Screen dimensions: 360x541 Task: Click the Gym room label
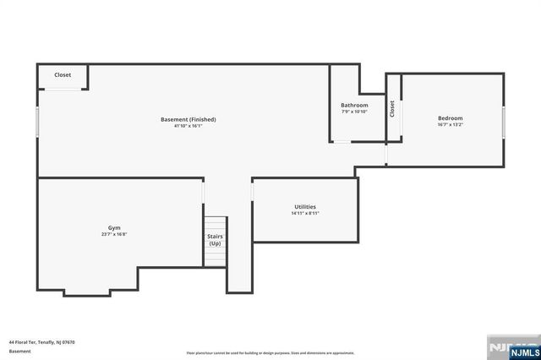(113, 229)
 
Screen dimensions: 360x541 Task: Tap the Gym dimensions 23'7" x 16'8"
(113, 236)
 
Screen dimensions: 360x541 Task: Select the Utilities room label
(305, 207)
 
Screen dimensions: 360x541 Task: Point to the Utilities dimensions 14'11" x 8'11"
(305, 214)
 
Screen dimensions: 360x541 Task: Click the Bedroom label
(450, 117)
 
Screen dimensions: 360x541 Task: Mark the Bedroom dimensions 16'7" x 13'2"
(450, 125)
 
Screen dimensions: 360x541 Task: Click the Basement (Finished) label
(189, 119)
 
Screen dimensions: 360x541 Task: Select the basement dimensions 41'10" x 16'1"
(189, 127)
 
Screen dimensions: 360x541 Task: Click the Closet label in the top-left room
(63, 75)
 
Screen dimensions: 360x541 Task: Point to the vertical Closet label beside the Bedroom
(392, 109)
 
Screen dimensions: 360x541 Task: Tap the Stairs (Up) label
(216, 240)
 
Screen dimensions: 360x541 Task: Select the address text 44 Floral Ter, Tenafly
(42, 342)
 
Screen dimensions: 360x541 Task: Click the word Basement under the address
(19, 351)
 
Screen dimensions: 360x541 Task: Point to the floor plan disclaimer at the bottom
(270, 352)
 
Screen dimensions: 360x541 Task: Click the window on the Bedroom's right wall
(504, 122)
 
